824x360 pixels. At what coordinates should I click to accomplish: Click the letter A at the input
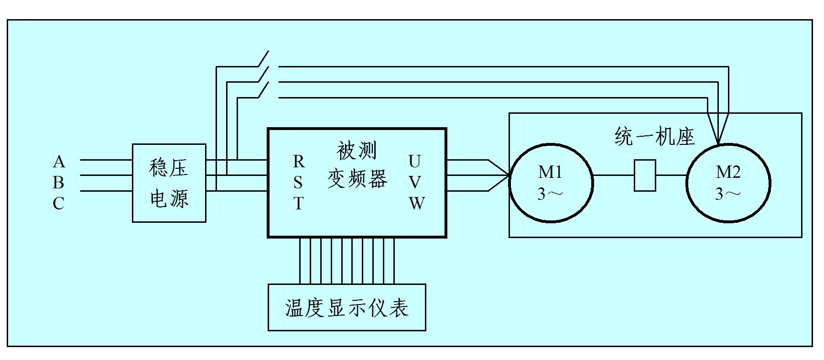pyautogui.click(x=58, y=162)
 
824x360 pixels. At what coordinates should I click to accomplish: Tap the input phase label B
pyautogui.click(x=58, y=183)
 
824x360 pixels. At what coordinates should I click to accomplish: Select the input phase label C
pyautogui.click(x=58, y=204)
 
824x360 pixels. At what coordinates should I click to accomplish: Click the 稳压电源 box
pyautogui.click(x=169, y=183)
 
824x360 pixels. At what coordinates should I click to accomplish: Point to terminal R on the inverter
pyautogui.click(x=298, y=162)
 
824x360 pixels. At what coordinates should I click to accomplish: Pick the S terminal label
pyautogui.click(x=298, y=183)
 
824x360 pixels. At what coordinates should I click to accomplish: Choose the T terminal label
pyautogui.click(x=298, y=204)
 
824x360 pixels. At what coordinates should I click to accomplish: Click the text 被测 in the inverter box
pyautogui.click(x=357, y=151)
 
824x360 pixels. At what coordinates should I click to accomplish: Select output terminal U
pyautogui.click(x=414, y=162)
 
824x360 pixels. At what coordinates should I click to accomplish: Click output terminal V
pyautogui.click(x=415, y=183)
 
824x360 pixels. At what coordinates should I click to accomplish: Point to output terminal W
pyautogui.click(x=416, y=204)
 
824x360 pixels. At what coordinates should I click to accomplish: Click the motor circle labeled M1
pyautogui.click(x=551, y=183)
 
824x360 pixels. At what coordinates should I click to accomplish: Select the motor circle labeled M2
pyautogui.click(x=728, y=183)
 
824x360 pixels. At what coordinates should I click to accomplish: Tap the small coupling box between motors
pyautogui.click(x=644, y=175)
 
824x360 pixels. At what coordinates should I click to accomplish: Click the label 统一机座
pyautogui.click(x=654, y=137)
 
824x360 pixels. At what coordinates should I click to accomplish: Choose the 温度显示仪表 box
pyautogui.click(x=347, y=307)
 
